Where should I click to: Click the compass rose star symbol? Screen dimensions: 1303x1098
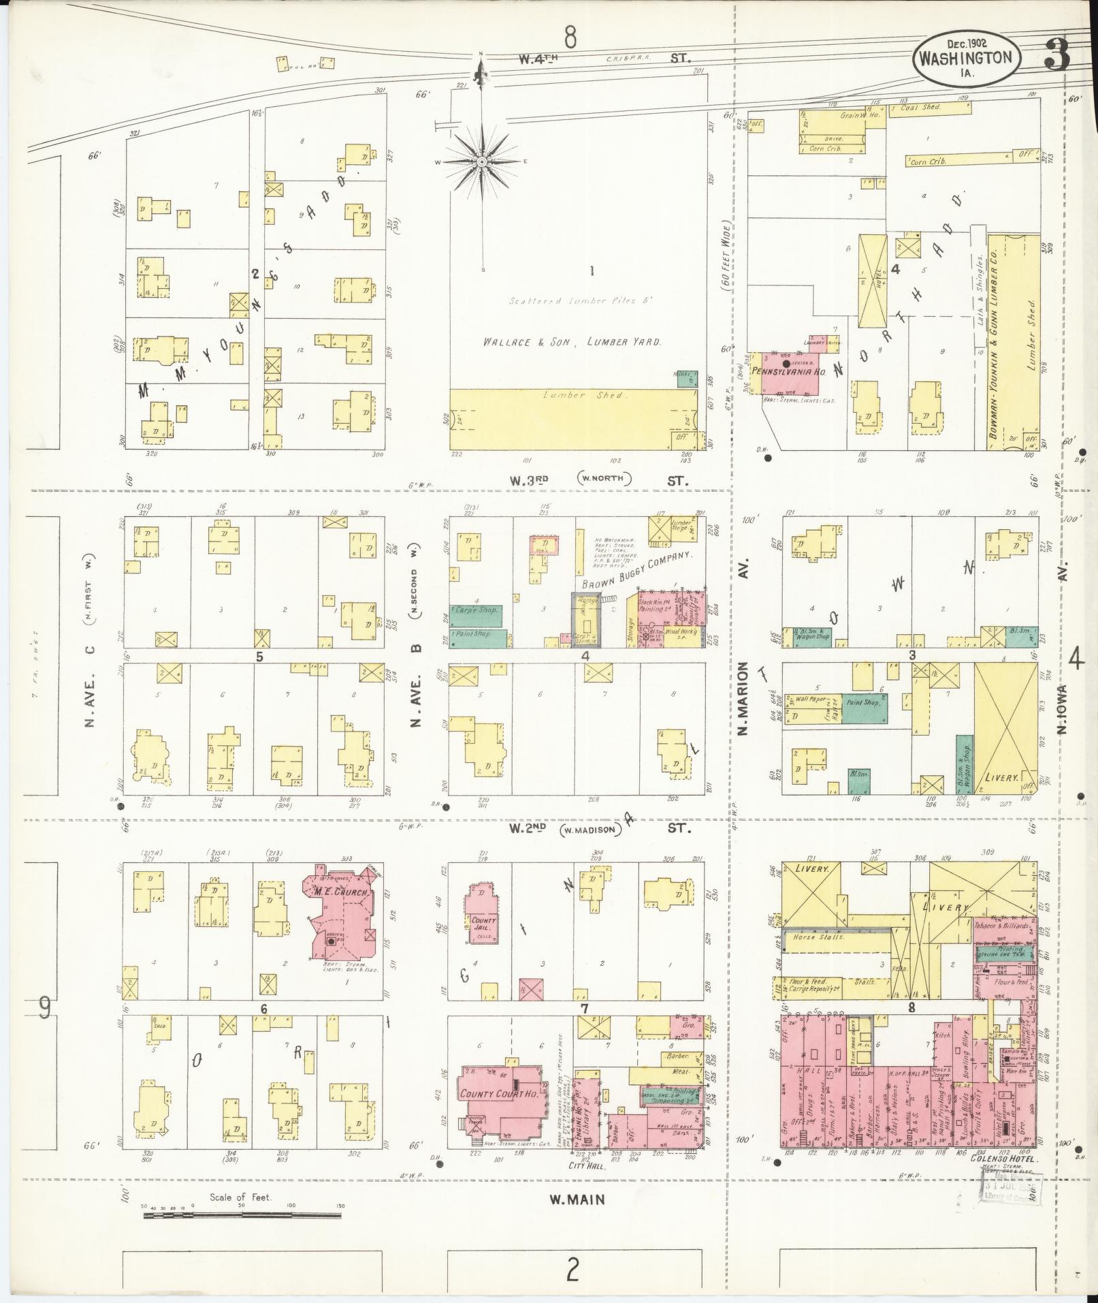tap(481, 162)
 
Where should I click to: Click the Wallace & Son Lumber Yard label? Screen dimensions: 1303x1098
tap(572, 342)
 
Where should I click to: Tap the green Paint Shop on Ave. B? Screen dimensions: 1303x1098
tap(479, 634)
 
